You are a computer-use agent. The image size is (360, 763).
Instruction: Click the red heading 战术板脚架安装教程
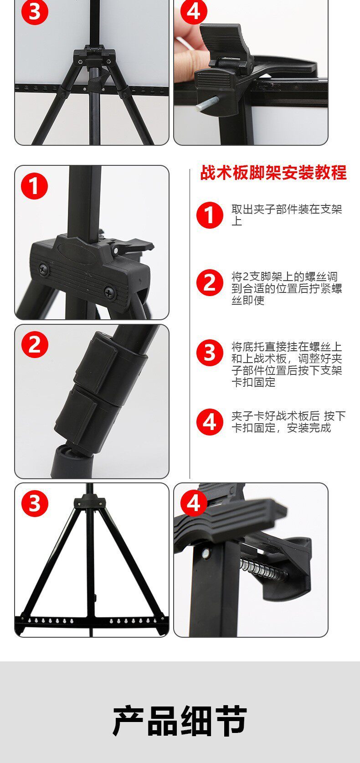coord(273,172)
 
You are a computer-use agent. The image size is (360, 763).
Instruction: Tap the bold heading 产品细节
coord(180,721)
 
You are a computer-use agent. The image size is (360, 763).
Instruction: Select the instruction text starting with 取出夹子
coord(287,215)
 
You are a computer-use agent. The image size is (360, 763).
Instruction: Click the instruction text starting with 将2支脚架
coord(287,288)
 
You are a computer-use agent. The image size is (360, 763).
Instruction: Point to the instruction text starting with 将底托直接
coord(287,364)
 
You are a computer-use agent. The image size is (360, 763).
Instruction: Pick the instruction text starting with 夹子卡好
coord(288,422)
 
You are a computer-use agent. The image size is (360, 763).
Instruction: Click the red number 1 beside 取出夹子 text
coord(210,215)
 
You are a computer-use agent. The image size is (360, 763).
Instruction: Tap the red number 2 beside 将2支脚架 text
coord(210,283)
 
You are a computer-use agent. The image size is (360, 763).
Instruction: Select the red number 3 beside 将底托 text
coord(210,353)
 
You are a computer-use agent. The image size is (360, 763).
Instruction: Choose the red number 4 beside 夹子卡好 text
coord(210,422)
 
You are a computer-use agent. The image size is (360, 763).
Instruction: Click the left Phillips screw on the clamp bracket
coord(43,269)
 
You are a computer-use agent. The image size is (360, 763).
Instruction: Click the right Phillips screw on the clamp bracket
coord(109,292)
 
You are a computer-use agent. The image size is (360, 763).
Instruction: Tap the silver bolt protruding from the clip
coord(207,103)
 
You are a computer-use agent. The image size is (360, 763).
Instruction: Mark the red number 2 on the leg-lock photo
coord(35,344)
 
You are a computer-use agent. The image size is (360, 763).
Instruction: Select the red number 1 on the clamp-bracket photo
coord(35,186)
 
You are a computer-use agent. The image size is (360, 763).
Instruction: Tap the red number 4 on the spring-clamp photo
coord(194,503)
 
